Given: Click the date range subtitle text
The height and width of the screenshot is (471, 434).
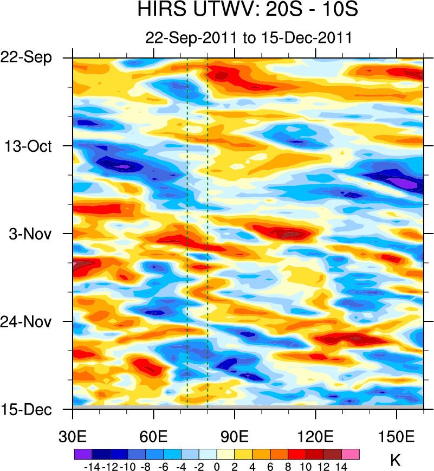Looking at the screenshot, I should click(249, 38).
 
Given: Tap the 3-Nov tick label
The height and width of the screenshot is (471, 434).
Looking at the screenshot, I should click(34, 234).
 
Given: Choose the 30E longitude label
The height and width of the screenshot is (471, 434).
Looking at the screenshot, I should click(73, 436).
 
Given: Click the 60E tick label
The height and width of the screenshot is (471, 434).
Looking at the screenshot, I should click(154, 436).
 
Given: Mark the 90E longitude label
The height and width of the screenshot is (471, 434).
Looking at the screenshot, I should click(235, 436).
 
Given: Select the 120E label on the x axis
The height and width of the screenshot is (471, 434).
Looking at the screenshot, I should click(315, 436).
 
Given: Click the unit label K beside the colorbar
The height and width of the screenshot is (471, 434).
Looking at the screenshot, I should click(396, 461).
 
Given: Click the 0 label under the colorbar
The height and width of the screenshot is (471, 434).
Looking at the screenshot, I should click(217, 466).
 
